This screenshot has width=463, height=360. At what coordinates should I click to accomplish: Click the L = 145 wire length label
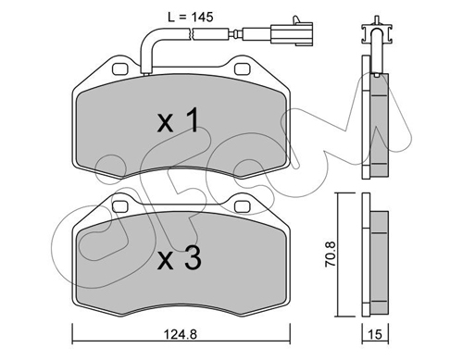tap(191, 18)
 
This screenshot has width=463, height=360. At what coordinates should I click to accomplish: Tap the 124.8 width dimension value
tap(181, 334)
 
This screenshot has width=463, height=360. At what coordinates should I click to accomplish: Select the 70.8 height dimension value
tap(330, 254)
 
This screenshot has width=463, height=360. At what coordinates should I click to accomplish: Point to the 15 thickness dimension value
tap(375, 334)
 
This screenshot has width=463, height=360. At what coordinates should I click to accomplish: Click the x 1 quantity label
tap(178, 120)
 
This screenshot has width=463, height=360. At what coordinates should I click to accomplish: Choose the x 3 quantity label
tap(180, 258)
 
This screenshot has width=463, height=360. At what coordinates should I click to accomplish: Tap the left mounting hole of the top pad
tap(120, 69)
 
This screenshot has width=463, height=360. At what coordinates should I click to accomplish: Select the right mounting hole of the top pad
tap(242, 69)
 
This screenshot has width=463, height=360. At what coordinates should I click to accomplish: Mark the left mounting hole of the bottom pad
tap(120, 206)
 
